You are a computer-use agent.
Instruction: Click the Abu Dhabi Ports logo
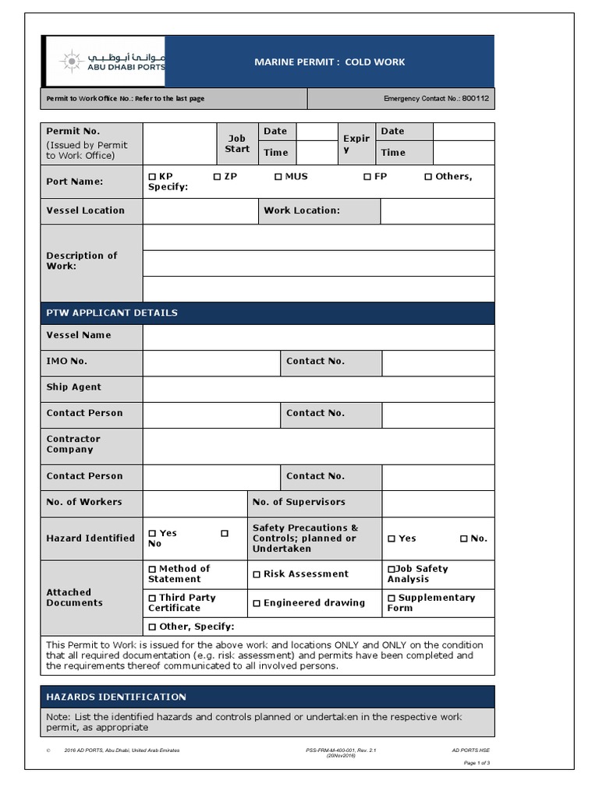tap(104, 61)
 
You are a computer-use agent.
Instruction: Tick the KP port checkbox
tap(152, 177)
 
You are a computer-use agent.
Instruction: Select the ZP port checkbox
tap(218, 177)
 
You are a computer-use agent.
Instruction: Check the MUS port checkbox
tap(278, 177)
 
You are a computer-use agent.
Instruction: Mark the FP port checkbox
tap(367, 177)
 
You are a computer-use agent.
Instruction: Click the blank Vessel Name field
tap(318, 337)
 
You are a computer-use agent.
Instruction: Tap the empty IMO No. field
tap(211, 362)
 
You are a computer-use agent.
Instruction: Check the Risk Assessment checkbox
tap(257, 574)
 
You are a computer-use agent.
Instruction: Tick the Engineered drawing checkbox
tap(257, 603)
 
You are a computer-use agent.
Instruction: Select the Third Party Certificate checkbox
tap(153, 598)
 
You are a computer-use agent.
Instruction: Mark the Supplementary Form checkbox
tap(392, 598)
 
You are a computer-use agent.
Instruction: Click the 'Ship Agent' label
tap(74, 387)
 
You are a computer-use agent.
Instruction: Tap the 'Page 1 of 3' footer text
tap(477, 763)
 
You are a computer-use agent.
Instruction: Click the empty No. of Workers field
tap(195, 503)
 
